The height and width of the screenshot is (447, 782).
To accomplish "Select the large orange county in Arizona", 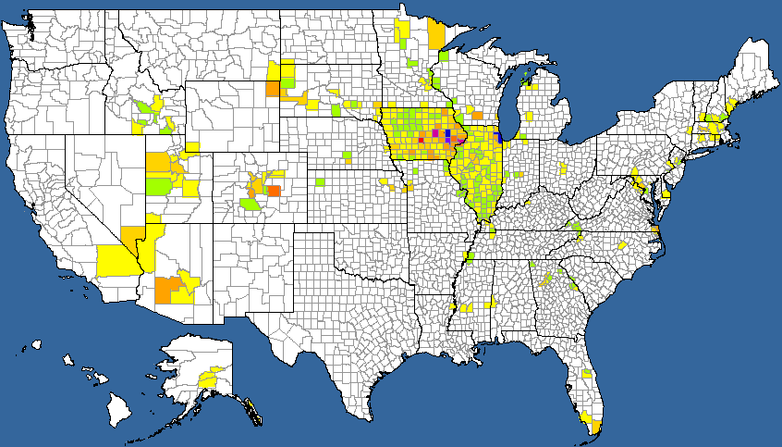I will coord(167,289).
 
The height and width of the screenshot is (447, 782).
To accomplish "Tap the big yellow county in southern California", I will coord(117,259).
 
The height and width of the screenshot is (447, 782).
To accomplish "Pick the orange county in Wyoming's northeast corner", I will coord(272,89).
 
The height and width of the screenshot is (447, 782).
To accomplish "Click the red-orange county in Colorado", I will coord(273,191).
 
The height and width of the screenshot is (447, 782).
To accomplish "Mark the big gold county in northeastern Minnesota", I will coord(436,35).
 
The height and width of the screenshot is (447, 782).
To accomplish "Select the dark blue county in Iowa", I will coord(448,135).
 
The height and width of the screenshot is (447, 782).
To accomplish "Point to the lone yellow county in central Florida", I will coord(586,375).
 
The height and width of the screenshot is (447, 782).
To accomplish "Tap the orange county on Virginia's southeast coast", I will coord(654,230).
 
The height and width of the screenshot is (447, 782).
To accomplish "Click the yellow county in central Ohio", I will coord(566,168).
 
